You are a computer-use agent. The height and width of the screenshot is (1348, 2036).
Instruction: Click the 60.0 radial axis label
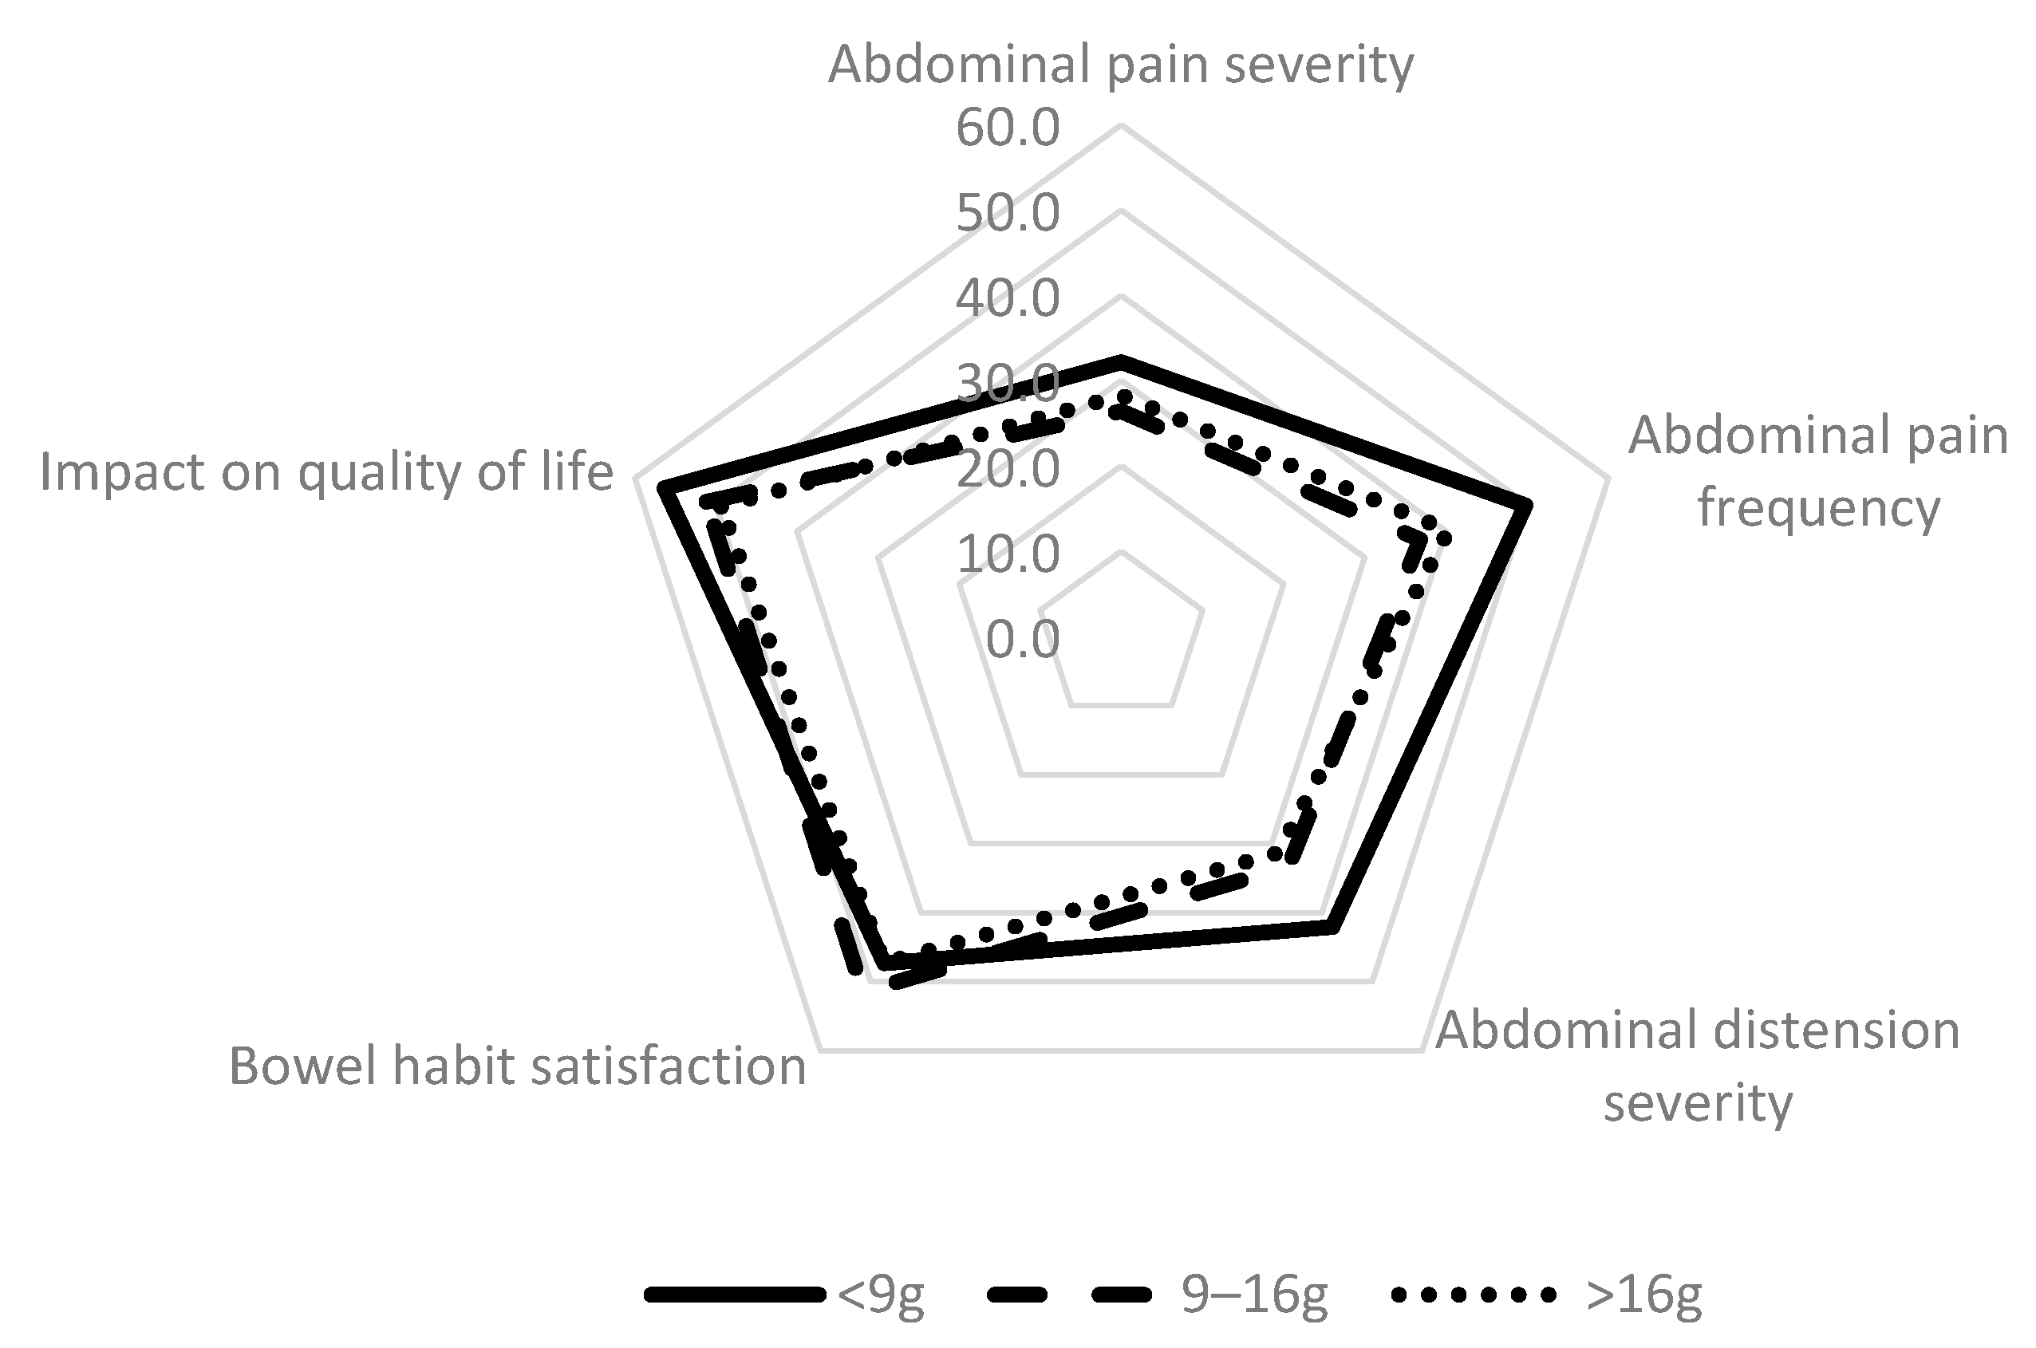1008,129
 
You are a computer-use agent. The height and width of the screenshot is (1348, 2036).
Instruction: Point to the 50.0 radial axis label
1008,213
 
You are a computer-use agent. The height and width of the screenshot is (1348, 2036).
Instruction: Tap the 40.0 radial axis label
1008,298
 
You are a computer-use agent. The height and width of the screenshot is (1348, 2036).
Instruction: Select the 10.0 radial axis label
1008,554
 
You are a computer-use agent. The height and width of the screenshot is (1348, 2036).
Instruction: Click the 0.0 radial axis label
1021,640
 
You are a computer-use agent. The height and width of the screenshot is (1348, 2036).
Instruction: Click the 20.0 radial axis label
1008,469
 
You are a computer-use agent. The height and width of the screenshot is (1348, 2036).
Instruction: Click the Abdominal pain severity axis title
1120,65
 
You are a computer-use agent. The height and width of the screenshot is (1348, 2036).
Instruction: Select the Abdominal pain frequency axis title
1817,471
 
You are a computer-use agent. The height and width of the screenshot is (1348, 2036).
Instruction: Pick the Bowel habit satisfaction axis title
518,1067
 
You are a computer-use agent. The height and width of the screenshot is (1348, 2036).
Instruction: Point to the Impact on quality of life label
327,472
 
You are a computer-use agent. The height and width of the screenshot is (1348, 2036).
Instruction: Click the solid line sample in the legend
735,1295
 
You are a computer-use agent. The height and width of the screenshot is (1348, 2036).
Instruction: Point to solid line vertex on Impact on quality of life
661,488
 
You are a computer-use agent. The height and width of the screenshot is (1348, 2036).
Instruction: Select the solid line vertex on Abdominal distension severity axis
1332,927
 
